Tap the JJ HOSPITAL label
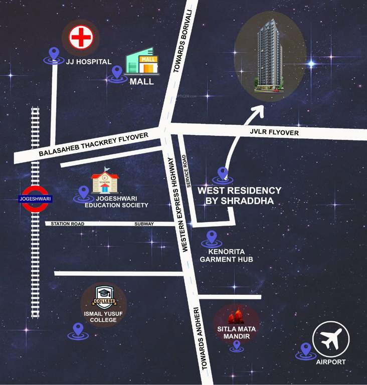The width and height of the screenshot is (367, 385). (x=88, y=62)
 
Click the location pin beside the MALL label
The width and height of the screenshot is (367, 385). (x=117, y=73)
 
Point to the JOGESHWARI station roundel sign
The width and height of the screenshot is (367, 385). (x=35, y=199)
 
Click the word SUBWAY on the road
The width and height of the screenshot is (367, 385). (x=144, y=224)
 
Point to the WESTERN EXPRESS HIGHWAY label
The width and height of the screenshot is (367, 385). (x=177, y=205)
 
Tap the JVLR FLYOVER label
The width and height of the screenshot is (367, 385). (x=274, y=133)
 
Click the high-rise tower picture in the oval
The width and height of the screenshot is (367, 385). (x=270, y=56)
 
